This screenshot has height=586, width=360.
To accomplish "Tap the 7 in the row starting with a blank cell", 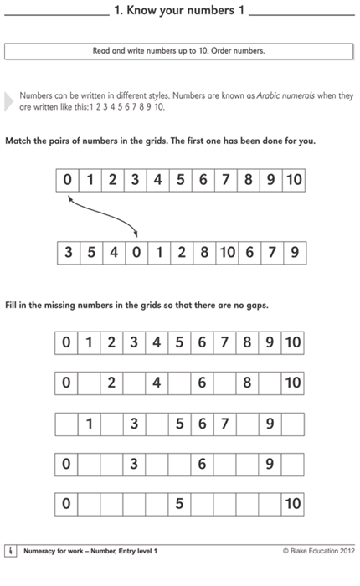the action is pyautogui.click(x=224, y=424).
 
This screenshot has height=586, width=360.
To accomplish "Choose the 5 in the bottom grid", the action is pyautogui.click(x=179, y=505).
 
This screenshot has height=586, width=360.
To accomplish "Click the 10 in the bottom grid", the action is pyautogui.click(x=292, y=505).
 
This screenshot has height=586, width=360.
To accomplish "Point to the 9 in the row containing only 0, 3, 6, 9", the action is pyautogui.click(x=270, y=464).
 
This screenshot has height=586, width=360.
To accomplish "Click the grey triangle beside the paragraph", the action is pyautogui.click(x=9, y=101).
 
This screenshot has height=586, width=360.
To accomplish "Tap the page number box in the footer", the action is pyautogui.click(x=10, y=550).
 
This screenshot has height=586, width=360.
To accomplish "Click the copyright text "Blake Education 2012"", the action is pyautogui.click(x=324, y=551).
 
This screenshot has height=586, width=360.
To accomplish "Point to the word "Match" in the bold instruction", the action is pyautogui.click(x=19, y=141).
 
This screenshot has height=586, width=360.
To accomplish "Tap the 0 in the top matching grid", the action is pyautogui.click(x=66, y=180).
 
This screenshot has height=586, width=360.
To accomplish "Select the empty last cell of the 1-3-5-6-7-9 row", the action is pyautogui.click(x=292, y=424).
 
